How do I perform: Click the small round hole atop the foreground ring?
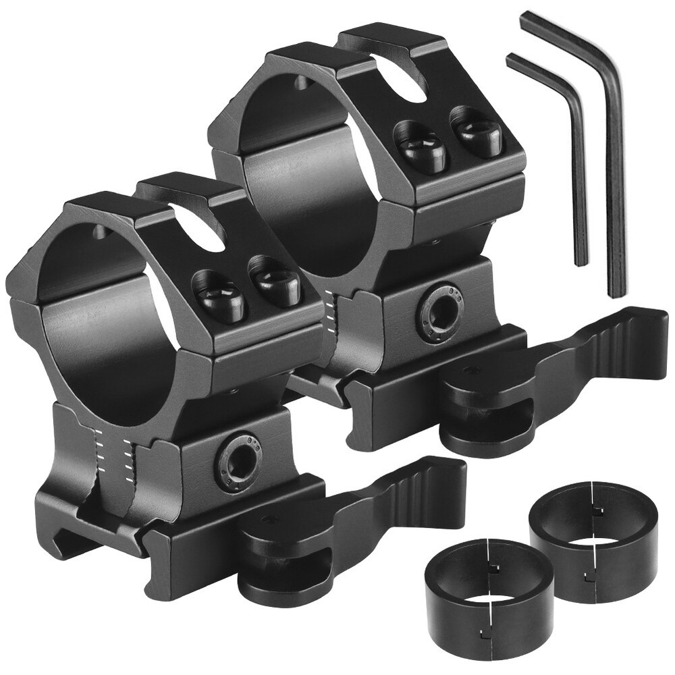101,234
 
